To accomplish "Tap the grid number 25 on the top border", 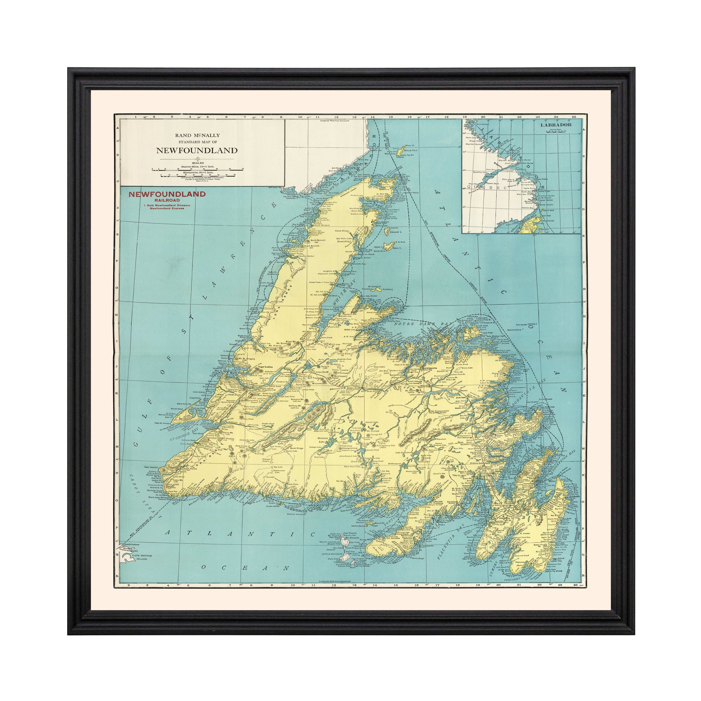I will (x=574, y=117).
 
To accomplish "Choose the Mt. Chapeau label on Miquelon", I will (x=352, y=538).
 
